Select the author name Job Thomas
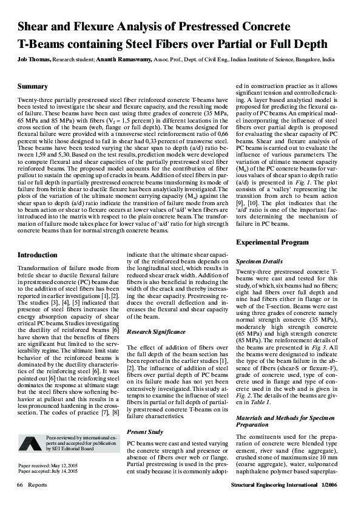click(x=35, y=61)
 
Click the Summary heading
click(x=33, y=87)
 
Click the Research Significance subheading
click(x=157, y=332)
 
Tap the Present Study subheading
click(x=145, y=431)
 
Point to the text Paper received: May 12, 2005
click(x=49, y=465)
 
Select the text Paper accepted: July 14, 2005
click(x=49, y=471)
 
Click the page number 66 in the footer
click(x=20, y=486)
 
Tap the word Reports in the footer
click(x=37, y=486)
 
